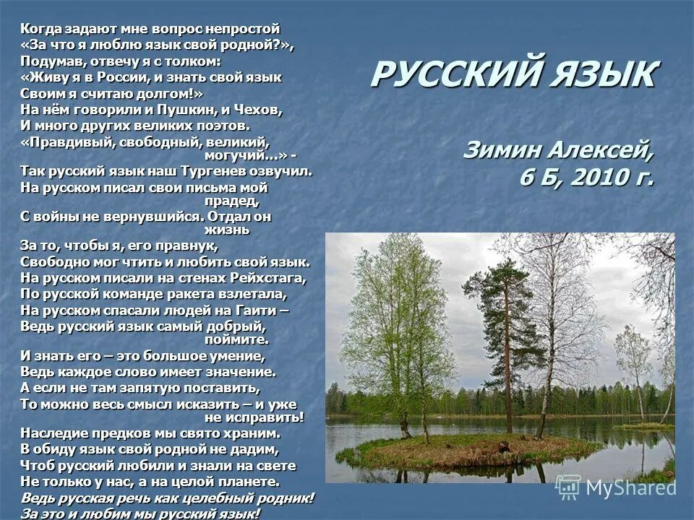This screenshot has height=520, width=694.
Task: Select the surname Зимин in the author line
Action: (x=502, y=150)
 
